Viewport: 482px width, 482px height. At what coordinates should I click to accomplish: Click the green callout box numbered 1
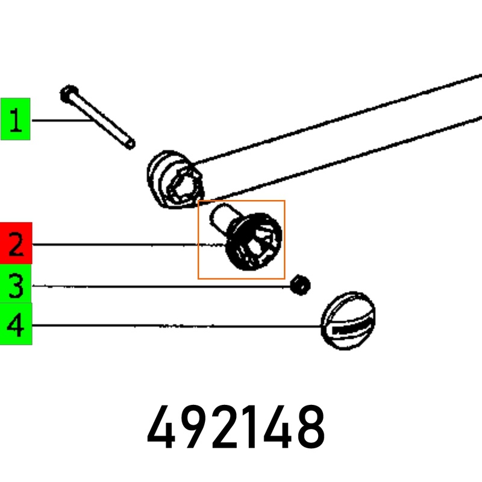coord(15,118)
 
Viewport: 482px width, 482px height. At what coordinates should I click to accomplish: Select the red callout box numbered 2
coord(16,243)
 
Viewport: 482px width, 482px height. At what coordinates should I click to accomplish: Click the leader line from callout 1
coord(60,120)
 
